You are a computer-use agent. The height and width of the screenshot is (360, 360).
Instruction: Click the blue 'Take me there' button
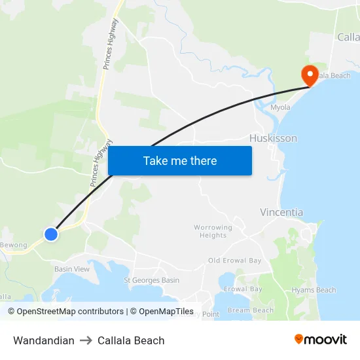(x=180, y=161)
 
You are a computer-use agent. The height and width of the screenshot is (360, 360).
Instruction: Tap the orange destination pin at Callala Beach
(x=308, y=74)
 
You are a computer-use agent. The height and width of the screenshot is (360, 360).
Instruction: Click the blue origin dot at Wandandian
(x=51, y=234)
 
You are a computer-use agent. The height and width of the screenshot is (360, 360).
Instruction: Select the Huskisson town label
(x=273, y=139)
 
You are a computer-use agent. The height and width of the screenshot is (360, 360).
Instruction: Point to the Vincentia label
(x=281, y=212)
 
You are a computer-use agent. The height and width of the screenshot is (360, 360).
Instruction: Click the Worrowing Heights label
(x=213, y=232)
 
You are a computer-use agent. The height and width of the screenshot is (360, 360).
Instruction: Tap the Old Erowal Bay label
(x=234, y=261)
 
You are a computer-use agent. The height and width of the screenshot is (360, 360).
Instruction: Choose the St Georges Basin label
(x=152, y=280)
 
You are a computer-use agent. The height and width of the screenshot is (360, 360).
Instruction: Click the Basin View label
(x=72, y=269)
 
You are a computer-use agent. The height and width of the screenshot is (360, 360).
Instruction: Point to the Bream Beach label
(x=251, y=310)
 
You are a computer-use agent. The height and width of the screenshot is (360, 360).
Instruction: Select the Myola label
(x=280, y=107)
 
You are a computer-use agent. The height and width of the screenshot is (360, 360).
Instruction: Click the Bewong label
(x=14, y=245)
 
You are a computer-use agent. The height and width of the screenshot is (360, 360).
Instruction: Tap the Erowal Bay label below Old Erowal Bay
(x=243, y=289)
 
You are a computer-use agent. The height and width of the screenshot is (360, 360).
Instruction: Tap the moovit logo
(x=320, y=339)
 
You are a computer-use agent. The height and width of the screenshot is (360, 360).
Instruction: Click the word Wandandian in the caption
(x=44, y=340)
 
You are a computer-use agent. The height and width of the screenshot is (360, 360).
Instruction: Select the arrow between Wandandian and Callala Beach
(x=86, y=340)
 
